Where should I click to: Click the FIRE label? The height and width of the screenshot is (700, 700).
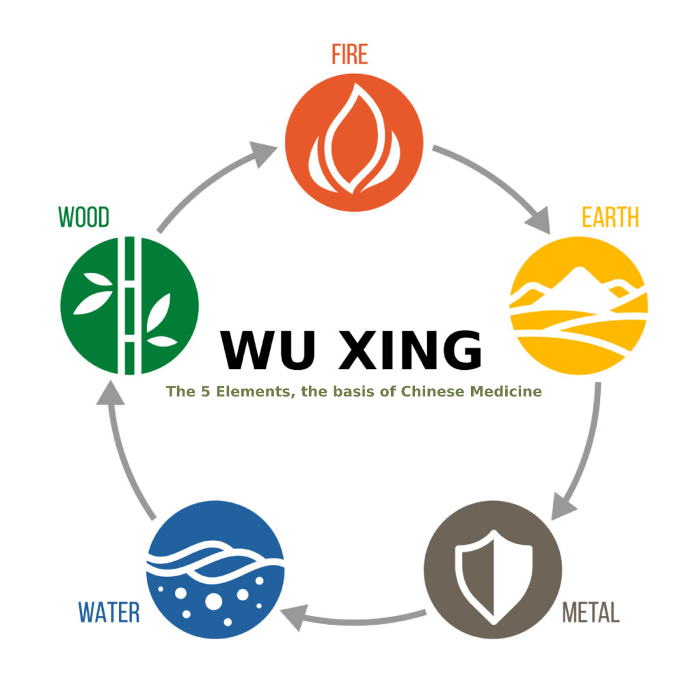click(x=349, y=54)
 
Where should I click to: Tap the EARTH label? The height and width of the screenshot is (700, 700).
click(x=610, y=217)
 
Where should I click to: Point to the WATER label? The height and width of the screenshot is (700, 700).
click(x=109, y=612)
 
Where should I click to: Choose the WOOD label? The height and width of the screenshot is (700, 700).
click(x=83, y=217)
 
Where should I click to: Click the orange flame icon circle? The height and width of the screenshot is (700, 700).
click(x=354, y=142)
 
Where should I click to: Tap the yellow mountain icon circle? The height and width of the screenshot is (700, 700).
click(x=578, y=305)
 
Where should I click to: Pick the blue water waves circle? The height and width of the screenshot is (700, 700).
click(x=215, y=569)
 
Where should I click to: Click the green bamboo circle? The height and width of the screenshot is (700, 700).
click(x=129, y=305)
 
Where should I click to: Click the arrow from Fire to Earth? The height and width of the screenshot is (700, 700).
click(x=494, y=183)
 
